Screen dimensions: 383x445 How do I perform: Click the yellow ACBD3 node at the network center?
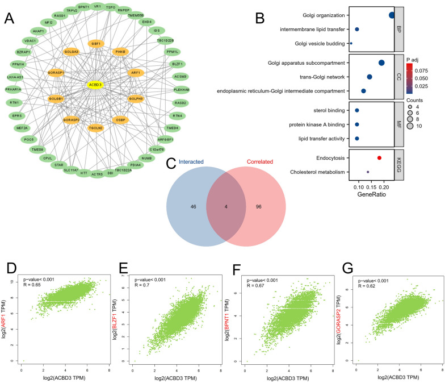tap(95, 85)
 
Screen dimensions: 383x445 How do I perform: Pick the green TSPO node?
tap(111, 7)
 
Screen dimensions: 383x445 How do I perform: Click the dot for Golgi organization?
tap(392, 15)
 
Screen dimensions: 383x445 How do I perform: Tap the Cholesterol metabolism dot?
tap(368, 172)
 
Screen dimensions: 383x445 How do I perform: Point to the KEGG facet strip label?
tap(398, 165)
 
